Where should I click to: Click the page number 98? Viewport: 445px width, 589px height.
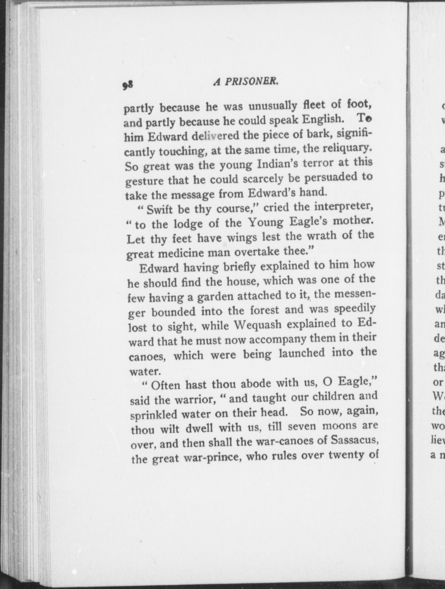click(128, 84)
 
